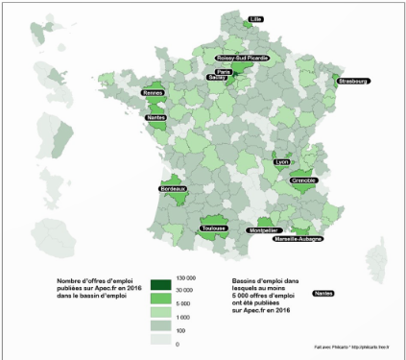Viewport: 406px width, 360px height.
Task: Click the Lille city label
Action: click(x=255, y=19)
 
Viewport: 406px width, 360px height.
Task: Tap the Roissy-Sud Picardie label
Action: click(x=243, y=58)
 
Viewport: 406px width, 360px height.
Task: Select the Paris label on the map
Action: click(x=224, y=72)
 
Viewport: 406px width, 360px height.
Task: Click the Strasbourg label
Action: click(x=352, y=82)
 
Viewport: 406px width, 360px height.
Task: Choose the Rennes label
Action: click(x=153, y=93)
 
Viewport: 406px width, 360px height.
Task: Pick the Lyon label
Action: click(x=281, y=161)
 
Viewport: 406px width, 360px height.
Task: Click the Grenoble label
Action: click(x=303, y=180)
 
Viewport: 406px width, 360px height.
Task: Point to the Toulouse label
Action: click(x=213, y=228)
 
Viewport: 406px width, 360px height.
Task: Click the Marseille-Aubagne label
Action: click(x=298, y=238)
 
